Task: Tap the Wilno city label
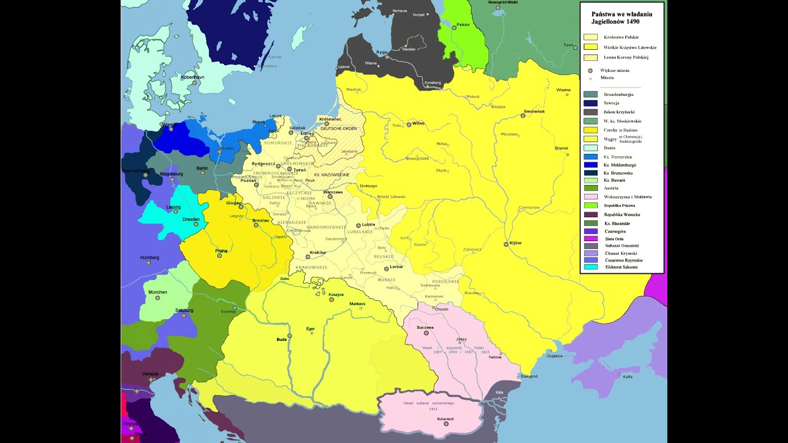(418, 123)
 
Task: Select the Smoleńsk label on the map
(534, 111)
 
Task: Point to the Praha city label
(222, 251)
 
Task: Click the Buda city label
(282, 339)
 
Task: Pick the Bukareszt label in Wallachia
(445, 418)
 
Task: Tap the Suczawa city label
(425, 327)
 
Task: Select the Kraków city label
(318, 253)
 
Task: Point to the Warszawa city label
(332, 192)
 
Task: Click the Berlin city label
(201, 168)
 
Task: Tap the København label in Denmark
(189, 77)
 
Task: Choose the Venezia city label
(150, 373)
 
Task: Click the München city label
(158, 292)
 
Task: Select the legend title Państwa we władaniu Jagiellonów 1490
(621, 17)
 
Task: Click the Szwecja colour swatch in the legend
(590, 103)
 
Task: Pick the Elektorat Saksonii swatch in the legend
(590, 267)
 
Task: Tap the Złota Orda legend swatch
(590, 238)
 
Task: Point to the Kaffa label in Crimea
(627, 377)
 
